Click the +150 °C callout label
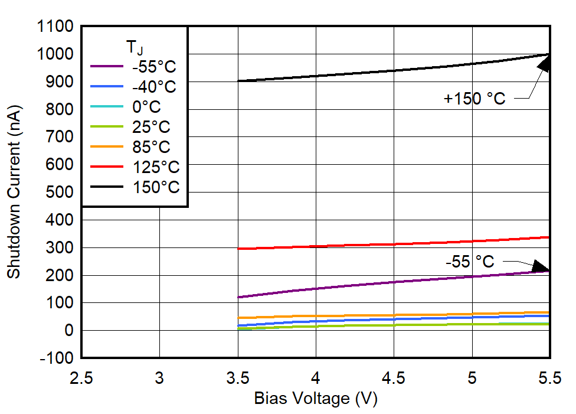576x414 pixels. click(x=474, y=99)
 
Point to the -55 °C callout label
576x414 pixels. click(x=470, y=261)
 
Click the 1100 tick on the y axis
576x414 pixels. click(x=54, y=27)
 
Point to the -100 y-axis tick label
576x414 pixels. click(x=57, y=358)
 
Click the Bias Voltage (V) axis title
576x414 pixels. click(x=315, y=399)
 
